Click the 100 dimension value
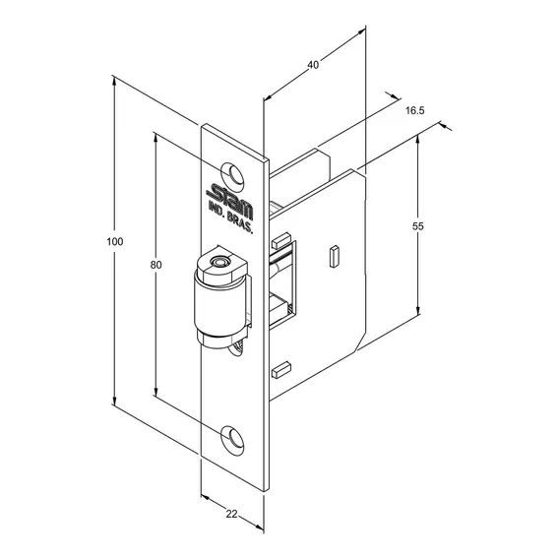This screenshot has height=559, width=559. tap(115, 242)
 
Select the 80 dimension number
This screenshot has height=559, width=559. tap(155, 265)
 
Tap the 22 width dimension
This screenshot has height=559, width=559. tap(231, 514)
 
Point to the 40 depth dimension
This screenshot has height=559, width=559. tap(313, 65)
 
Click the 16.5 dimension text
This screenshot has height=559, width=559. tap(415, 110)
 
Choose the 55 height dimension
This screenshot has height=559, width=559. tap(418, 226)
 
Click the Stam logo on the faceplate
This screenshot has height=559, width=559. tap(230, 201)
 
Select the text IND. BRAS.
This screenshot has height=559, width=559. tap(230, 217)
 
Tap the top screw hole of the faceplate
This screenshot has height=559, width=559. tap(232, 175)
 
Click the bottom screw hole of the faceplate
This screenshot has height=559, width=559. tap(232, 440)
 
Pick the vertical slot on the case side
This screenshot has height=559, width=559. tap(334, 256)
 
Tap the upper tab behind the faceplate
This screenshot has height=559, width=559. tap(281, 240)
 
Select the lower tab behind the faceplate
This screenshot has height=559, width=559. tap(281, 369)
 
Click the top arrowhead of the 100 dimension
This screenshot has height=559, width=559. tap(114, 82)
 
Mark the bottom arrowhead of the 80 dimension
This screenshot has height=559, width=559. tap(155, 391)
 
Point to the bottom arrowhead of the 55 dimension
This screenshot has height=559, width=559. tap(418, 311)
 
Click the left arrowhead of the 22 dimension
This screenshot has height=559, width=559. tap(205, 497)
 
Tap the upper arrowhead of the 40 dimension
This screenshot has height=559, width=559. tap(361, 31)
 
